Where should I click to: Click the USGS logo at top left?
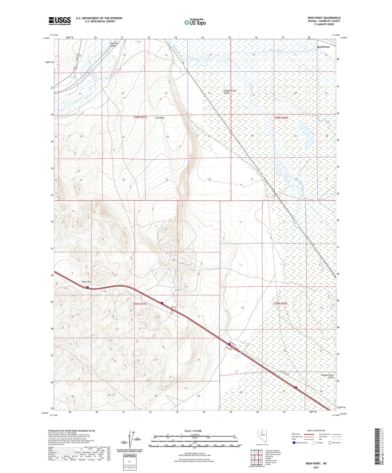pos(60,21)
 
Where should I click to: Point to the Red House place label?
pos(323,47)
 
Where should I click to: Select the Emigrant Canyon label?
pos(113,44)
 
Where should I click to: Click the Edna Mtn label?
pos(87,282)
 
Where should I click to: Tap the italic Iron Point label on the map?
pos(160,118)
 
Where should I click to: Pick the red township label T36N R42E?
pos(281,118)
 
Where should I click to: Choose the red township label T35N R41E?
pos(140,304)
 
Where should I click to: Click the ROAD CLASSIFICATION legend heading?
pos(316,430)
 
